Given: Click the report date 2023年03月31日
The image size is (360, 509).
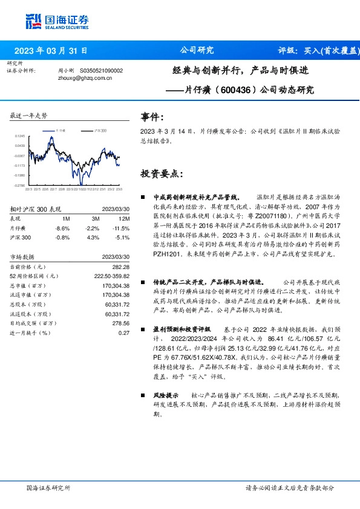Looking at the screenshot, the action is click(x=51, y=51).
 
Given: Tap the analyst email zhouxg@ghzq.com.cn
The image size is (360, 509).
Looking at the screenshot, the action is click(x=84, y=77).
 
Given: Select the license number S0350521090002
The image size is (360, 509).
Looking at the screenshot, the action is click(x=101, y=70).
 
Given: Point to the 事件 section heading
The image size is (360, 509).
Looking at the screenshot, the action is click(x=152, y=116).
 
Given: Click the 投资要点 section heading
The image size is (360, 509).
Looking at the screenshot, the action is click(x=161, y=173).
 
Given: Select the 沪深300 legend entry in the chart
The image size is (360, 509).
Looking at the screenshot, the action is click(x=100, y=130).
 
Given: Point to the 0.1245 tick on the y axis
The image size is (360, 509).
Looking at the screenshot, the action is click(x=20, y=137).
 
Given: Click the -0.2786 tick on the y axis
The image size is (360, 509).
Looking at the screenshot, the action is click(x=19, y=186).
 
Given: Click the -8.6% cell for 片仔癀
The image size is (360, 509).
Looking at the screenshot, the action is click(x=62, y=228).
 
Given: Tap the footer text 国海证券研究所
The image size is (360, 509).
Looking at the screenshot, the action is click(x=49, y=488).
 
